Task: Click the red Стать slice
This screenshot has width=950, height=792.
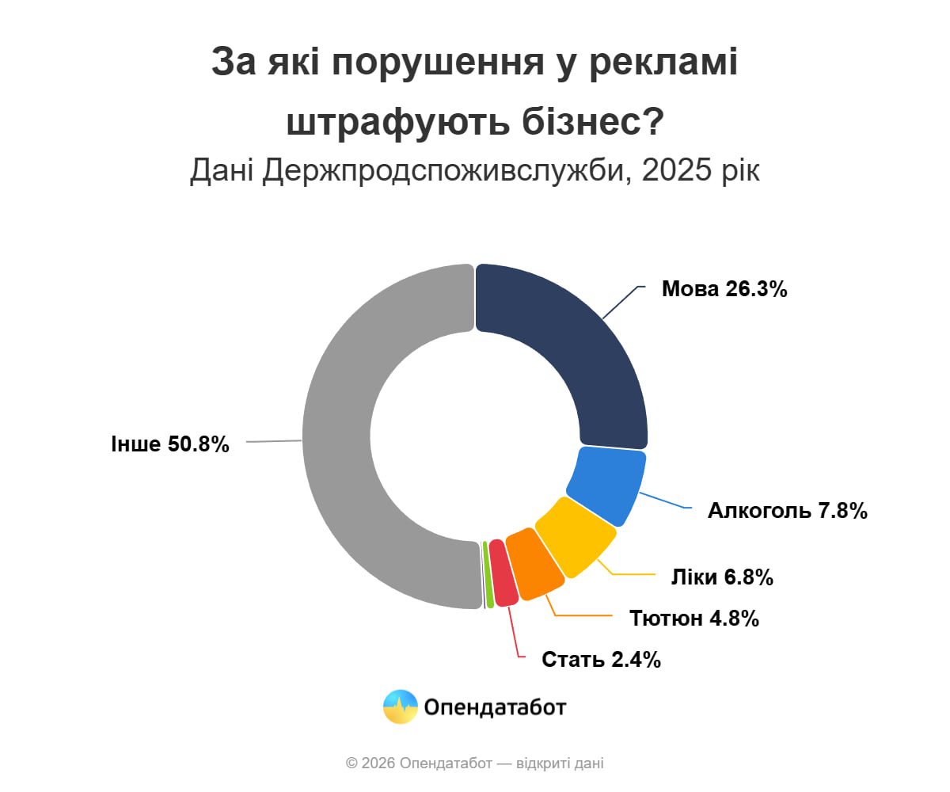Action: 502,573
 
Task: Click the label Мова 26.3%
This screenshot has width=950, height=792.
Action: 724,289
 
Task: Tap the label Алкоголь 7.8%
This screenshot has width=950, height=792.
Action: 788,511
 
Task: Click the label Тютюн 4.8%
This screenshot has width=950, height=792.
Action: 694,619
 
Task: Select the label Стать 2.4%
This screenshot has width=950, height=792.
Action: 601,659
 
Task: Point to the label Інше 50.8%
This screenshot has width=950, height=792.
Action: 170,444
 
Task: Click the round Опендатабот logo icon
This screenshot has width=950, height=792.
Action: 401,706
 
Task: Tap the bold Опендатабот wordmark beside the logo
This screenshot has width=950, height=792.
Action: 495,706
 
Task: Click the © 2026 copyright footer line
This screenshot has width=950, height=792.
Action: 475,763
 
